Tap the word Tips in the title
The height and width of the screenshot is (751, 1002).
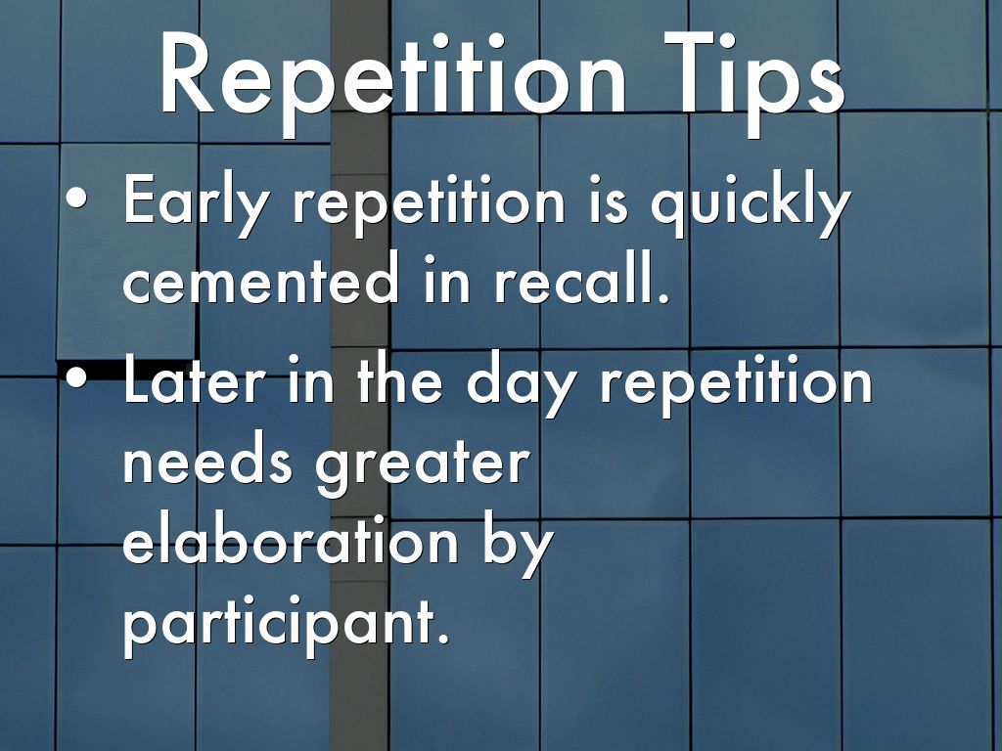754,75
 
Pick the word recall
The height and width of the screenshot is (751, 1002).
581,277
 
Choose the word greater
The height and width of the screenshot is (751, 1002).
423,464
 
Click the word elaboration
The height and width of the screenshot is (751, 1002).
291,539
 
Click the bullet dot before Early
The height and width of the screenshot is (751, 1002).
76,198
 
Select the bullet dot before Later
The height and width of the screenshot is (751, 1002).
76,377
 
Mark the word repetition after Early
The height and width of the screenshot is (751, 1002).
430,203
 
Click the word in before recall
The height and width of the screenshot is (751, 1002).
446,277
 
